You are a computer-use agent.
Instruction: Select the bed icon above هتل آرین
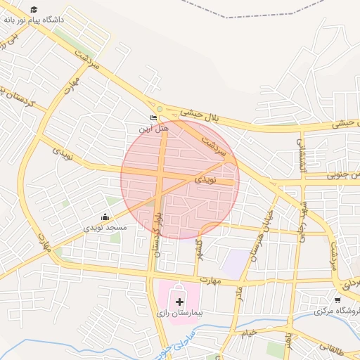153,117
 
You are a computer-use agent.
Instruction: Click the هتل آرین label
153,129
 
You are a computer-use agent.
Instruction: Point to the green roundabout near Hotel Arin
160,108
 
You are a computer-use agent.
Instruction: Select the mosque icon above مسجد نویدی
105,217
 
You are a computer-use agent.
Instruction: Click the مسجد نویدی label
105,227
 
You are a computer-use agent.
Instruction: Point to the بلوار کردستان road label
156,232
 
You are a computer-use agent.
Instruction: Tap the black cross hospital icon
179,302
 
